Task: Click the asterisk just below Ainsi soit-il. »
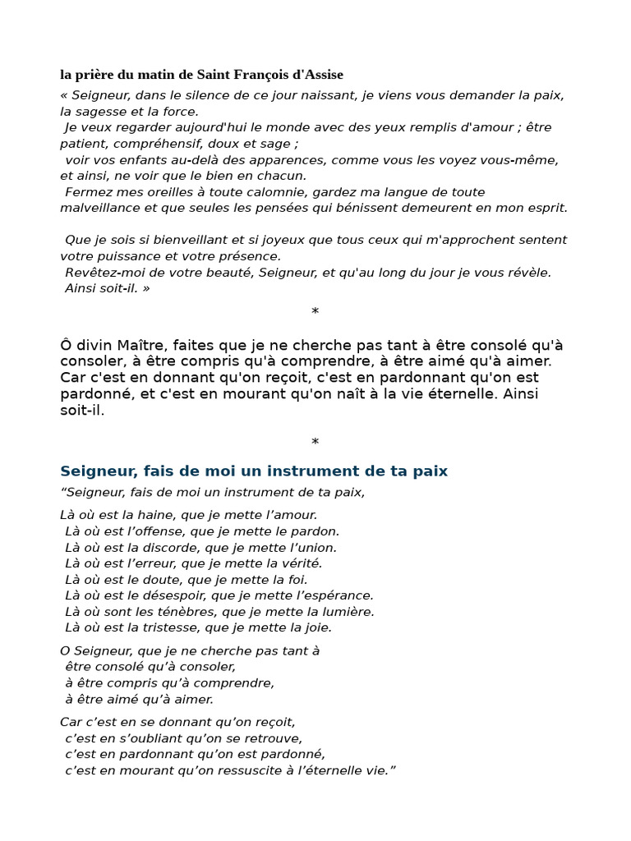(x=315, y=312)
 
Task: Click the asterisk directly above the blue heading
(x=315, y=443)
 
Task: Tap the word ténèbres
(x=172, y=611)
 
